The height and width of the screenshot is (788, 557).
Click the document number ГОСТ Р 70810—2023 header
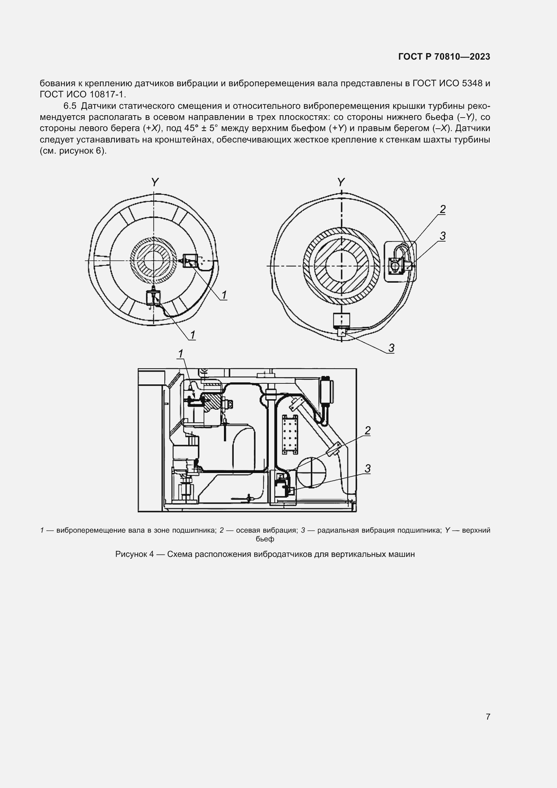point(444,57)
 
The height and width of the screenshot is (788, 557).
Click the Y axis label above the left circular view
point(155,182)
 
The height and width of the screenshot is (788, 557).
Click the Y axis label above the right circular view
point(341,182)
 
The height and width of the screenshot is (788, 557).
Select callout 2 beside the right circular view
point(443,209)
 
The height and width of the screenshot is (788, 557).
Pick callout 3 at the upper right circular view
point(443,236)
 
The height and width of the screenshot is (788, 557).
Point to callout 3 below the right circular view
point(391,348)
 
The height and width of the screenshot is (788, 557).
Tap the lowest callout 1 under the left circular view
point(193,335)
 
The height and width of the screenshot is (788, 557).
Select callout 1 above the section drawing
point(181,353)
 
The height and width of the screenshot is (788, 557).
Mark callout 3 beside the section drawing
point(368,469)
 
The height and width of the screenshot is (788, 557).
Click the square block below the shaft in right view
point(341,320)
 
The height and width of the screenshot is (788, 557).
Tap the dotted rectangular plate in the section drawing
point(290,435)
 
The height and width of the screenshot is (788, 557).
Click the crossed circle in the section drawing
point(311,473)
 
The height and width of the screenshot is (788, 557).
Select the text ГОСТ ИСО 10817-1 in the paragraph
point(82,94)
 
